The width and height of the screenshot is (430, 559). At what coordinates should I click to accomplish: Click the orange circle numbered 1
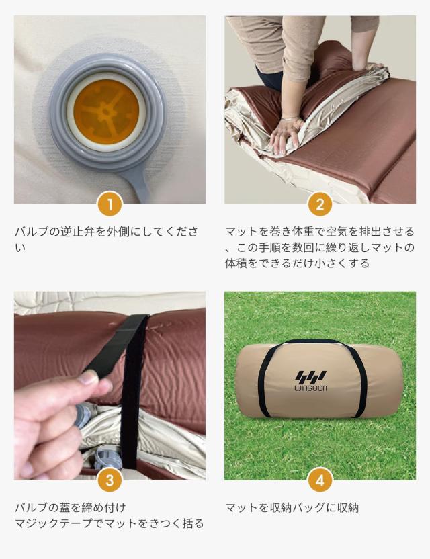pyautogui.click(x=110, y=204)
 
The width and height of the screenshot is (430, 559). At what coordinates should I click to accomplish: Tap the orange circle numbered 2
pyautogui.click(x=320, y=204)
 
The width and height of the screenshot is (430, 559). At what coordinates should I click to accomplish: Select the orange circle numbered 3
pyautogui.click(x=110, y=480)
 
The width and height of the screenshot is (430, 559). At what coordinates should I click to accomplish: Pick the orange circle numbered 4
pyautogui.click(x=320, y=480)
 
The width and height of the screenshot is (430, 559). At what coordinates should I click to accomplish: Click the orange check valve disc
pyautogui.click(x=106, y=112)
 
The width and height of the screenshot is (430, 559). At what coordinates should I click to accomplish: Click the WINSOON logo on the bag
pyautogui.click(x=310, y=381)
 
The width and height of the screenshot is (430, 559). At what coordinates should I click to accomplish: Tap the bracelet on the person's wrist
pyautogui.click(x=292, y=118)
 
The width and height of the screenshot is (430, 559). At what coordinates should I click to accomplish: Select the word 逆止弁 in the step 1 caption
pyautogui.click(x=77, y=232)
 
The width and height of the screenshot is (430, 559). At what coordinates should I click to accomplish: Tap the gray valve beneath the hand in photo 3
pyautogui.click(x=83, y=415)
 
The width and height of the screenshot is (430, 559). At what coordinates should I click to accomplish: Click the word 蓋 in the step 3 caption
pyautogui.click(x=65, y=507)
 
